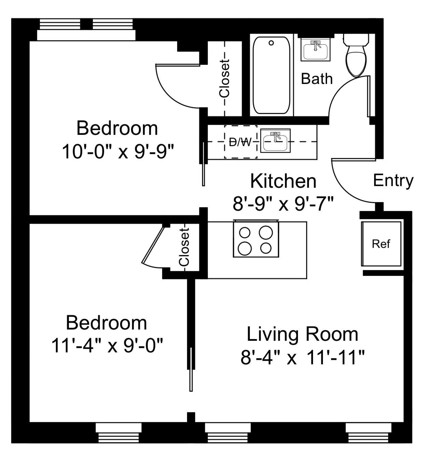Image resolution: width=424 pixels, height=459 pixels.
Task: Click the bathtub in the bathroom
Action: [x=271, y=75]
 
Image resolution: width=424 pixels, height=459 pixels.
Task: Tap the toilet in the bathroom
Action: [x=356, y=55]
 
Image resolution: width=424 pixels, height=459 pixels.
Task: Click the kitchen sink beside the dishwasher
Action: [x=275, y=141]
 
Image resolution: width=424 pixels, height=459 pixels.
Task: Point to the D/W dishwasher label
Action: [x=240, y=142]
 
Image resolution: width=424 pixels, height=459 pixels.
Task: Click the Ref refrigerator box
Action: [x=381, y=244]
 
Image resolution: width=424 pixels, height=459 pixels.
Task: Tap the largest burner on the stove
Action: [x=266, y=233]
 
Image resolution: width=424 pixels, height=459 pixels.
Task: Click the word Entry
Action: [x=393, y=181]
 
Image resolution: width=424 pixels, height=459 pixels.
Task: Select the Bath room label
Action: [x=317, y=79]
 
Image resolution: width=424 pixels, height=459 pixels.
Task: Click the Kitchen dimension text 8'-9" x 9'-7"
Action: [x=283, y=204]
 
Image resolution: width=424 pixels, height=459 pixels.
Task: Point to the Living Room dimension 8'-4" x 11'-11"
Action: [x=302, y=357]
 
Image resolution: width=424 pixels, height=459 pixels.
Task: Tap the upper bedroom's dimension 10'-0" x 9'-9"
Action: [x=118, y=152]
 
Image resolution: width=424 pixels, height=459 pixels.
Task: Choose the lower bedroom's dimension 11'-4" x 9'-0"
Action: [x=107, y=346]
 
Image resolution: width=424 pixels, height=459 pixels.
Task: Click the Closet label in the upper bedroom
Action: [x=224, y=79]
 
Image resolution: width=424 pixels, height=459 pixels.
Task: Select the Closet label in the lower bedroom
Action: [x=184, y=247]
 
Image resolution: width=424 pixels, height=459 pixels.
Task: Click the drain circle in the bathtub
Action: [x=271, y=43]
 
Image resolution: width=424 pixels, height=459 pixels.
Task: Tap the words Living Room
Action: [x=302, y=334]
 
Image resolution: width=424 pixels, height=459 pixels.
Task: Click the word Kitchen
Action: [x=283, y=181]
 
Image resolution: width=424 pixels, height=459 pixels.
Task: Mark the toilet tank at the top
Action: [x=356, y=40]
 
